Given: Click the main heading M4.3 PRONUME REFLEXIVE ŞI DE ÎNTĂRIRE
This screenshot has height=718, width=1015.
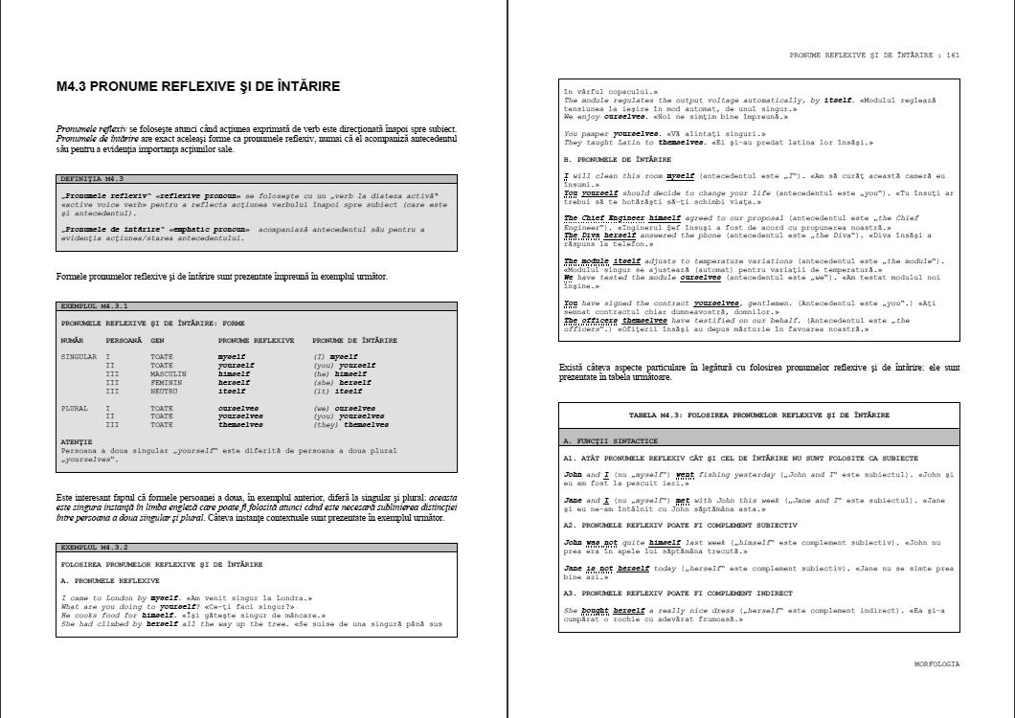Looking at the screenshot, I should coord(198,87).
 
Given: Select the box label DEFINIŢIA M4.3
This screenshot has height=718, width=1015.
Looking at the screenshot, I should coord(93,179).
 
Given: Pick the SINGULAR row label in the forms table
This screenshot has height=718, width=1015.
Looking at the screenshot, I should coord(79,356).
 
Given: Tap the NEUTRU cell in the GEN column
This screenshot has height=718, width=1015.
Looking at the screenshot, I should coord(165,391).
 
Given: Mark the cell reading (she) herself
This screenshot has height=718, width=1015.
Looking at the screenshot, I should coord(338,382).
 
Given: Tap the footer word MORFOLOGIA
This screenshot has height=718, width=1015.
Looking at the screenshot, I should coord(936,662).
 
